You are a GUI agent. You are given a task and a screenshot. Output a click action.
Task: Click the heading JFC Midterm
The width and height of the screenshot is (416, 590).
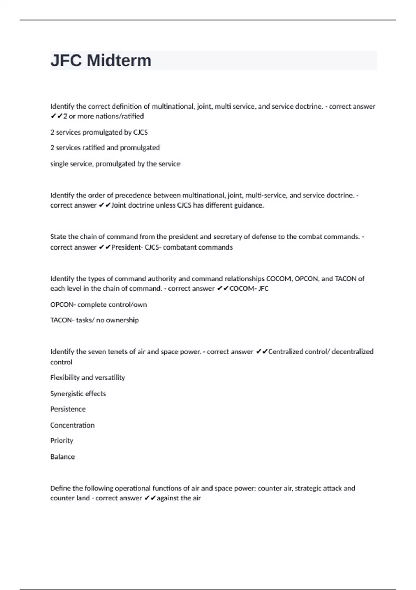click(101, 60)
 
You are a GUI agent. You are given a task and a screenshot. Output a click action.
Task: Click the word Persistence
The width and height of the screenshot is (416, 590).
click(68, 409)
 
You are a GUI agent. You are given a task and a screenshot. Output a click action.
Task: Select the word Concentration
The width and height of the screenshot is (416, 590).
click(72, 425)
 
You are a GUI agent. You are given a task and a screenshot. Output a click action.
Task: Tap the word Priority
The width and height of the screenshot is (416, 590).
click(62, 441)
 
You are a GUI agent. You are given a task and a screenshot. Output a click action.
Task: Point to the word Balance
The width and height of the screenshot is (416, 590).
click(62, 457)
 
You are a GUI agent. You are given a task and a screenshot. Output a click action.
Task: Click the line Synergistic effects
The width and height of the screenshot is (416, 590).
click(78, 394)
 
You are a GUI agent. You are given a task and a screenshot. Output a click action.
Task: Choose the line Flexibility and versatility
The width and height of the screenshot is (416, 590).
click(88, 378)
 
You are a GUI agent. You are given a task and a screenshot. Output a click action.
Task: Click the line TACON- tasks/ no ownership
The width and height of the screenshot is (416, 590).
click(94, 320)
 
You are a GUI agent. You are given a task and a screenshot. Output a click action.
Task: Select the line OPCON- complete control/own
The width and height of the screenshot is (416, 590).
click(98, 305)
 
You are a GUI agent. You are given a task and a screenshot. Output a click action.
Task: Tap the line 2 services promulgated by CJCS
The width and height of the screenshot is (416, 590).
click(99, 132)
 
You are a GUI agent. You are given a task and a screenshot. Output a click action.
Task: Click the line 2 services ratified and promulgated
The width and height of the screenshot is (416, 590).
click(105, 148)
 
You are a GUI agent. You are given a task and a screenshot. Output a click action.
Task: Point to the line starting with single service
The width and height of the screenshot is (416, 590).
click(115, 164)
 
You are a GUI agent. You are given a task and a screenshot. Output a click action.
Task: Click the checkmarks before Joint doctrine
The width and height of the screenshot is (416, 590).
click(105, 205)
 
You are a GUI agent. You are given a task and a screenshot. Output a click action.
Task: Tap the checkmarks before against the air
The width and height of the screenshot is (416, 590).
click(150, 498)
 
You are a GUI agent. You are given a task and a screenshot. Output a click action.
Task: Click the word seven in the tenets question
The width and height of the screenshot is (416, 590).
click(99, 352)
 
